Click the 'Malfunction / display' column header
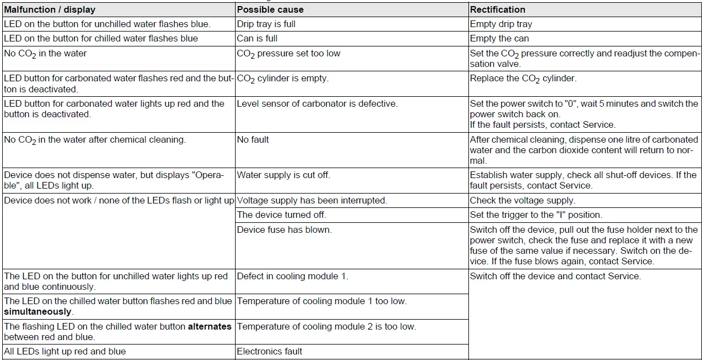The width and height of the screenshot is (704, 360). [50, 9]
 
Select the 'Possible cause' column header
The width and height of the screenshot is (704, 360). [270, 9]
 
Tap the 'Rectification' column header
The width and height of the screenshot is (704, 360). [498, 9]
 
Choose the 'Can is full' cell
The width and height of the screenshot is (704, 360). [257, 39]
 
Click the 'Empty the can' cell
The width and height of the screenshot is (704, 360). [499, 39]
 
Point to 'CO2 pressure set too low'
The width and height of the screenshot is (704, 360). [289, 54]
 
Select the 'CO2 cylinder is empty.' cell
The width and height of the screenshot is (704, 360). [283, 79]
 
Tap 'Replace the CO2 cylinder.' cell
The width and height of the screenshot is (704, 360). [523, 79]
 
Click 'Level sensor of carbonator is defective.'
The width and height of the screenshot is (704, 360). [317, 104]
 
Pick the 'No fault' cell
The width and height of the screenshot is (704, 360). [253, 140]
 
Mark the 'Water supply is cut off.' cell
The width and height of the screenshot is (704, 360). [284, 175]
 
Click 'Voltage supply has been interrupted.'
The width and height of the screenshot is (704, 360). [312, 201]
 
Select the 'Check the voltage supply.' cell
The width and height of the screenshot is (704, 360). [523, 201]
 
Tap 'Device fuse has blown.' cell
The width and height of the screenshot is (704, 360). [284, 229]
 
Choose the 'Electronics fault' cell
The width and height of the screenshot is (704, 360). [270, 351]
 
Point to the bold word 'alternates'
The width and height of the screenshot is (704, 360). [210, 327]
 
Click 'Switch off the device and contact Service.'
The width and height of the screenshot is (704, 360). [555, 276]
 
